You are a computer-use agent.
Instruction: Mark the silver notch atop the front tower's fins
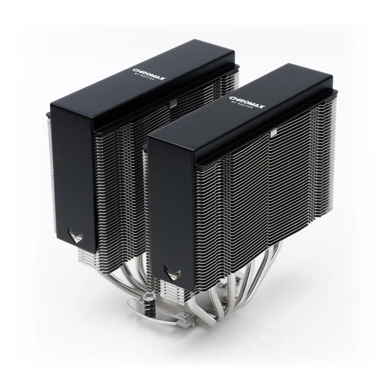273,132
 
